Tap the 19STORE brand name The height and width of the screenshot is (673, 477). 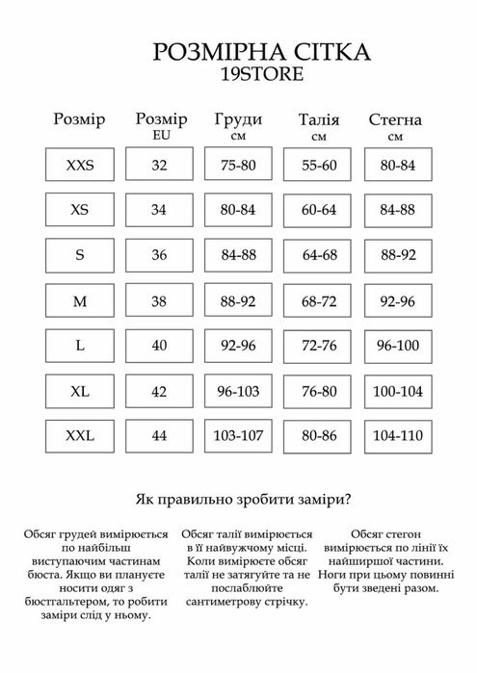[240, 75]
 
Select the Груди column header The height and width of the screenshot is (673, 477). [239, 120]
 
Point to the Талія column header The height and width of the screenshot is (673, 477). [318, 121]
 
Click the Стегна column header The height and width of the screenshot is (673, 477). [395, 121]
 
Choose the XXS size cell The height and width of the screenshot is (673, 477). [80, 166]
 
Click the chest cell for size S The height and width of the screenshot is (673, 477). [239, 256]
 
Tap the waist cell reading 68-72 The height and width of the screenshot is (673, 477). [318, 302]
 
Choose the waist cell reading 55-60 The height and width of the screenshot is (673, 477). [318, 166]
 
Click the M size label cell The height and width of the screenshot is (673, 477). [80, 302]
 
